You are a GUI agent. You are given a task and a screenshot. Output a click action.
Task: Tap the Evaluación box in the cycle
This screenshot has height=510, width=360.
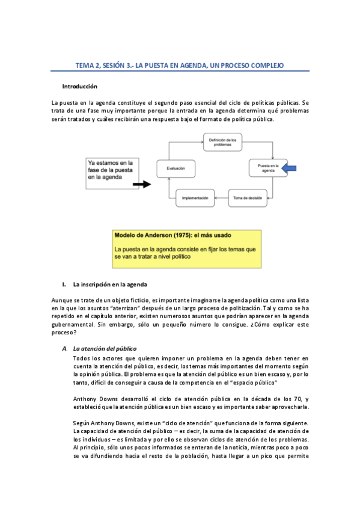pyautogui.click(x=176, y=168)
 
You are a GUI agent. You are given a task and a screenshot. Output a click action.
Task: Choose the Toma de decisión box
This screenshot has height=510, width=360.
pyautogui.click(x=248, y=197)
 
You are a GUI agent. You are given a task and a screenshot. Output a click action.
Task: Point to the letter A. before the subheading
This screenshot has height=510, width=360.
pyautogui.click(x=64, y=348)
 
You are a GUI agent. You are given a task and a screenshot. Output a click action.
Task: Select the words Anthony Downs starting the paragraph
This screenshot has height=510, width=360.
pyautogui.click(x=91, y=399)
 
